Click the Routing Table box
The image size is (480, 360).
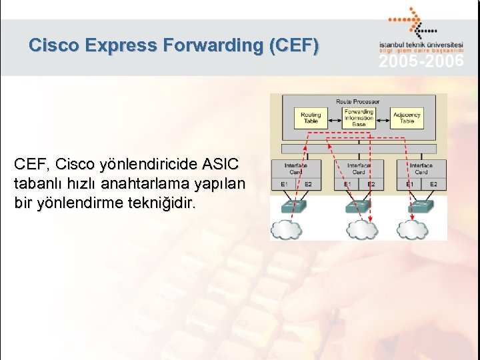coord(311,118)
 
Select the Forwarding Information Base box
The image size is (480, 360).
coord(359,118)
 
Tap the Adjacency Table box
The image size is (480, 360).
coord(407,118)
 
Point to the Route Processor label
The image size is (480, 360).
coord(358,101)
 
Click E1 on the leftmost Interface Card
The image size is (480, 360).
coord(284,183)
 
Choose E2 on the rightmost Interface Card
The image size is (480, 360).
coord(433,183)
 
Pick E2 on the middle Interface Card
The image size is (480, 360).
coord(371,183)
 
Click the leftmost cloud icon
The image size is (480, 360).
coord(286,229)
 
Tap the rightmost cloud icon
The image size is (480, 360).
coord(413,229)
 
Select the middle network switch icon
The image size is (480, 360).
coord(358,205)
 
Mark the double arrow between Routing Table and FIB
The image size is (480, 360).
coord(333,118)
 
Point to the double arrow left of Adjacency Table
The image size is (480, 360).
coord(383,118)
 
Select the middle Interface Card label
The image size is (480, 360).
coord(358,168)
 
